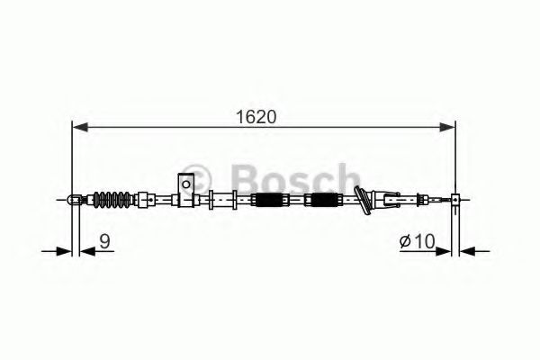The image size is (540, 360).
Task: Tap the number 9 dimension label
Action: (x=105, y=240)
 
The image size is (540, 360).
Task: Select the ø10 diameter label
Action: (x=417, y=240)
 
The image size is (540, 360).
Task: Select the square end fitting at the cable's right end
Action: (x=456, y=199)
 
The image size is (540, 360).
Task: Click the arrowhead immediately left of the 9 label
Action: (x=85, y=251)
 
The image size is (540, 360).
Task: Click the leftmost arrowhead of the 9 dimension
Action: (x=63, y=251)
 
